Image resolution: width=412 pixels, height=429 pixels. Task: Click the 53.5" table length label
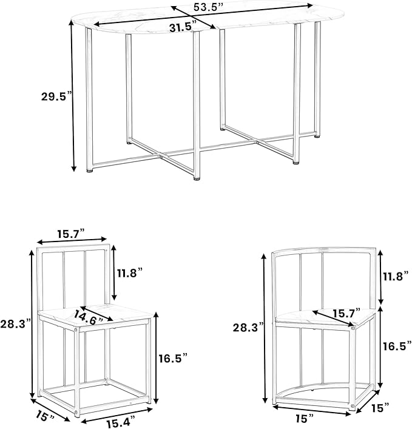[209, 7]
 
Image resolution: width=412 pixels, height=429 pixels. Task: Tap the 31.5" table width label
[183, 27]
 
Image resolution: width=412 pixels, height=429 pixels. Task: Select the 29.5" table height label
[56, 96]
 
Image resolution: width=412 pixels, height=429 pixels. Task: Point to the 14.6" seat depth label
[89, 317]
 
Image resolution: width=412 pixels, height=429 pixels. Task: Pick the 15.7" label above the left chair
[70, 234]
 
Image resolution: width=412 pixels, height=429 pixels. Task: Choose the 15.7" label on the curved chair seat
[346, 313]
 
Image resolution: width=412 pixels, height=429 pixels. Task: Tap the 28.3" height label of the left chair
[16, 324]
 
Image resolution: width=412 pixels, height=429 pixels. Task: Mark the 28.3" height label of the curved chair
[248, 327]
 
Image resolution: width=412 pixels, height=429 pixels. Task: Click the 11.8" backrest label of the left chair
[130, 273]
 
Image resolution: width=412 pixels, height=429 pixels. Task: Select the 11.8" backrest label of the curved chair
[396, 276]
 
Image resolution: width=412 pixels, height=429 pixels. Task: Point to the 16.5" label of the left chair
[173, 358]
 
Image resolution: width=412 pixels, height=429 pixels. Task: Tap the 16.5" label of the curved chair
[397, 346]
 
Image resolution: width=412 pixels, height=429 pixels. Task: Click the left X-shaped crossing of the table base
[161, 156]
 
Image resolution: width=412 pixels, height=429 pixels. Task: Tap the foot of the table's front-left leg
[89, 171]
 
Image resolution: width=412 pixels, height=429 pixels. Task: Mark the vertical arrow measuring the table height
[73, 96]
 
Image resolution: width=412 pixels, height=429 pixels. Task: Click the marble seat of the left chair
[96, 312]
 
